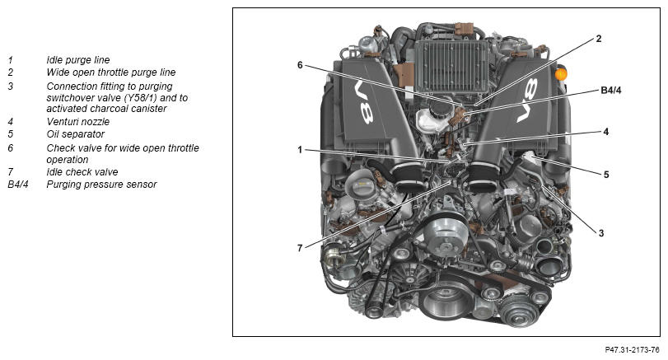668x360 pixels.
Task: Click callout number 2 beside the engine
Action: point(599,39)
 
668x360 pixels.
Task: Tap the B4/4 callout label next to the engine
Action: point(611,91)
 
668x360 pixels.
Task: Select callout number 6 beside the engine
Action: point(300,65)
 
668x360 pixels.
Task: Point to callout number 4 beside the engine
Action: point(605,132)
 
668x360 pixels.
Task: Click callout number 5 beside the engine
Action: point(605,175)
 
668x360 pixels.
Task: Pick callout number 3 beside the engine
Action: point(601,233)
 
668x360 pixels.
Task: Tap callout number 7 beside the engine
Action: point(300,248)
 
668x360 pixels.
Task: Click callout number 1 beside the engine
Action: point(300,150)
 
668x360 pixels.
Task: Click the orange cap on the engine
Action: point(561,74)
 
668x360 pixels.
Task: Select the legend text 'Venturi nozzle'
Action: point(78,122)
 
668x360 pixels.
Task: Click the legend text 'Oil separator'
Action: point(76,134)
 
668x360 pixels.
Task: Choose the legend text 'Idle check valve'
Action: point(82,172)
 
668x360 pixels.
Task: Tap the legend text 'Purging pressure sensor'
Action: point(101,185)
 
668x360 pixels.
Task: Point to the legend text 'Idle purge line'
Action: point(78,60)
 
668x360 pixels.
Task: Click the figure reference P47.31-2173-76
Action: point(633,350)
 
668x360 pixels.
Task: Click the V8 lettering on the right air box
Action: point(526,101)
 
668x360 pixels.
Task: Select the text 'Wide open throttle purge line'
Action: point(110,72)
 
